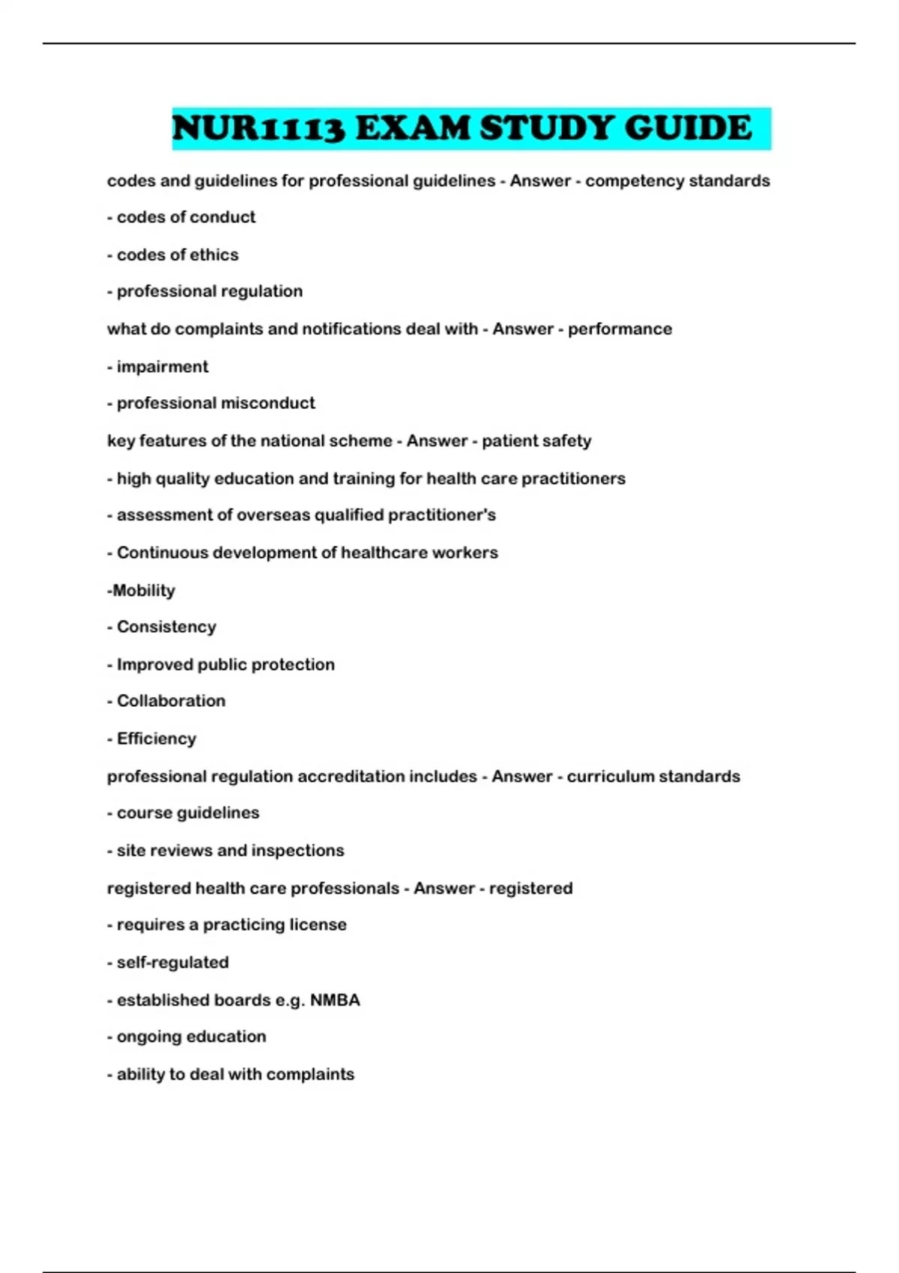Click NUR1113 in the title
pos(258,129)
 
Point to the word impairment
pos(163,367)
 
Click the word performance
pos(620,329)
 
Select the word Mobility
pos(144,591)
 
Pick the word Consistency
pos(166,627)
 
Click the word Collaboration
pos(171,701)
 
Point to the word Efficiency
pos(157,739)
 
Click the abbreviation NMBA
pos(335,1000)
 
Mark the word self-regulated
pos(173,963)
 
